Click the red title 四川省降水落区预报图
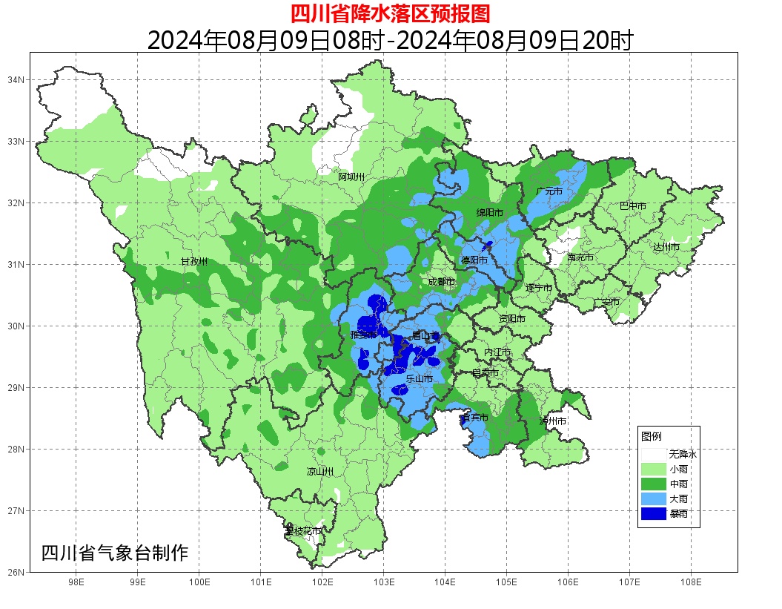pyautogui.click(x=390, y=13)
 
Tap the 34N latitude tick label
pyautogui.click(x=16, y=79)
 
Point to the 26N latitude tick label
pyautogui.click(x=16, y=572)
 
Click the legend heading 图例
pyautogui.click(x=652, y=436)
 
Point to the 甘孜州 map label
pyautogui.click(x=194, y=262)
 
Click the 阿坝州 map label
pyautogui.click(x=351, y=177)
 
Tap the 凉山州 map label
pyautogui.click(x=320, y=472)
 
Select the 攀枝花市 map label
pyautogui.click(x=303, y=531)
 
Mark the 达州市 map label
pyautogui.click(x=666, y=246)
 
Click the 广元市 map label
pyautogui.click(x=549, y=191)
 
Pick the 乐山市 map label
pyautogui.click(x=419, y=379)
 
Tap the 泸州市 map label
pyautogui.click(x=553, y=421)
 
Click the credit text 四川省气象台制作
pyautogui.click(x=115, y=553)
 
